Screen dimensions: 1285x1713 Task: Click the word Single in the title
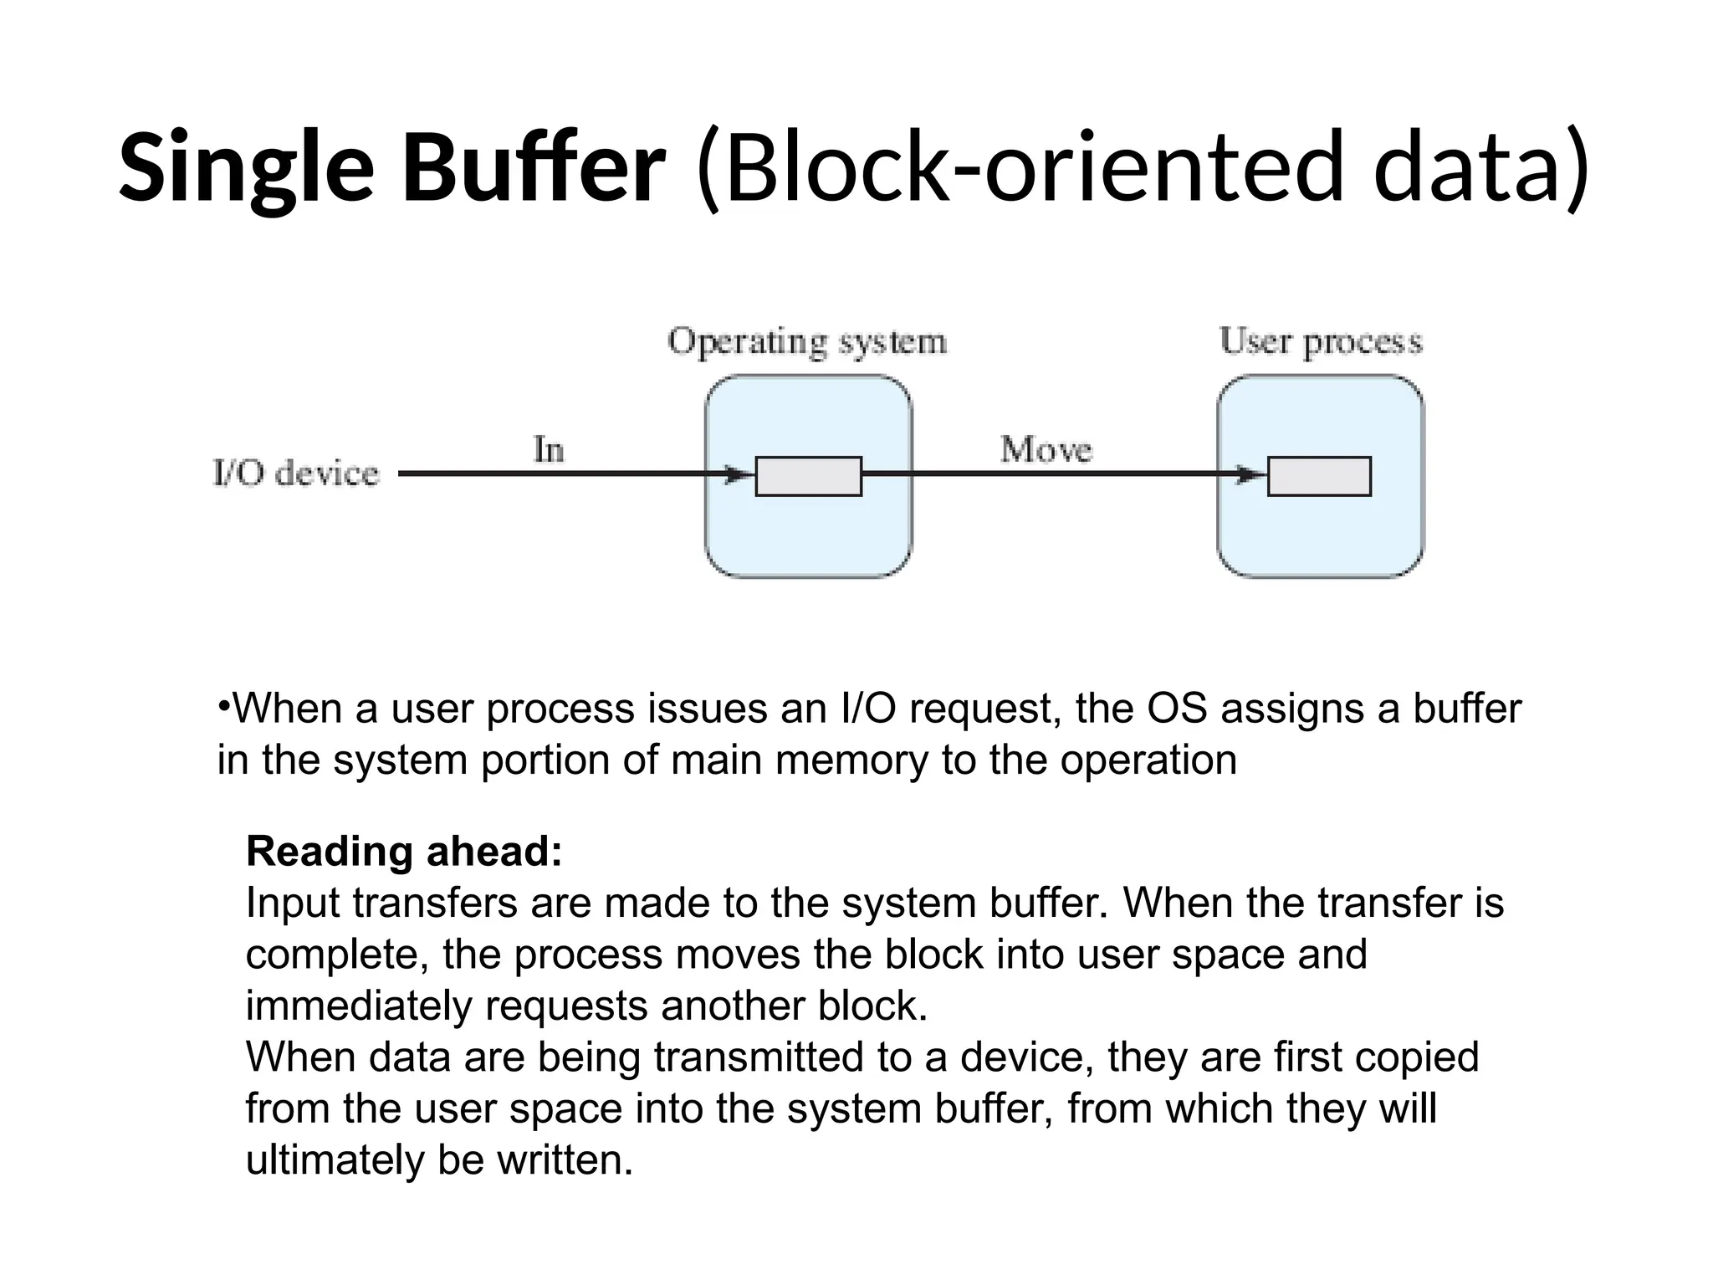[x=246, y=167]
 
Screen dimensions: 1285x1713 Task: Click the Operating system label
[x=807, y=342]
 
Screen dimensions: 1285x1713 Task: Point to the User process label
[x=1320, y=341]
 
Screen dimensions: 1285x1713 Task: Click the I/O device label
[x=295, y=474]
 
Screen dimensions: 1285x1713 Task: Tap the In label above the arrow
[x=549, y=450]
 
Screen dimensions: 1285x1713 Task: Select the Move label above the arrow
[x=1046, y=450]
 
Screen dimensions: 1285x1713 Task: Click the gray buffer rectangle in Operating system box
[x=808, y=476]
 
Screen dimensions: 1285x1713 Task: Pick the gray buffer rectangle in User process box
[x=1319, y=476]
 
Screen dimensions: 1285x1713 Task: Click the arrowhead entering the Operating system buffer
[x=739, y=475]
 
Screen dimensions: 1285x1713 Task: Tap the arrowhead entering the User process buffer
[x=1252, y=475]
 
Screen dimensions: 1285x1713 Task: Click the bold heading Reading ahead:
[x=404, y=852]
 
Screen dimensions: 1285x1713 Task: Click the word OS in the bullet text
[x=1177, y=709]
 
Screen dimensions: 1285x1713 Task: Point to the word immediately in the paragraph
[x=358, y=1006]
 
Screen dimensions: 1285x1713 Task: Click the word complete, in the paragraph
[x=337, y=955]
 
